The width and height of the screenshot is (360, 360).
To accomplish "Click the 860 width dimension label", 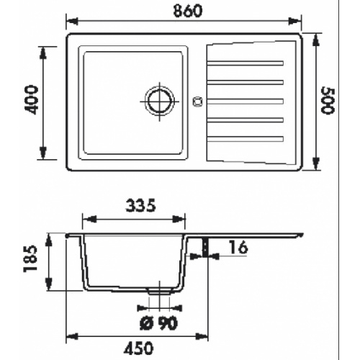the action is point(188,11).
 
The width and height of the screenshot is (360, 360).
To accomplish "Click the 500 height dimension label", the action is point(328,101).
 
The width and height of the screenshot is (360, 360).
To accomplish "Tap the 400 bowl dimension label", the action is point(32,99).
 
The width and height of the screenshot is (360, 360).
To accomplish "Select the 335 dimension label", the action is point(141,206).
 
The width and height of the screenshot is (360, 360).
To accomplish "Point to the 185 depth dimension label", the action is point(31,258).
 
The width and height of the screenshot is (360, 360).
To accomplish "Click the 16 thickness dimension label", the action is point(238,248).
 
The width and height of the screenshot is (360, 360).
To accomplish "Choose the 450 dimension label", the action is point(138,348).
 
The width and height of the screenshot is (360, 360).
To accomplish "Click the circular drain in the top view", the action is point(160,101).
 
